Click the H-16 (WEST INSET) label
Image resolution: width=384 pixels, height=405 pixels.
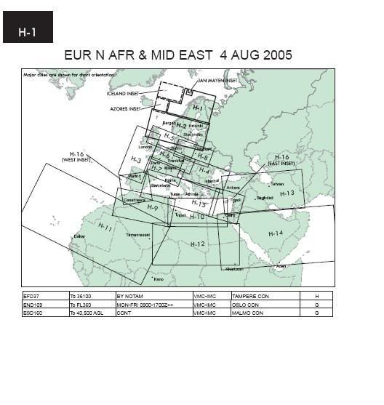click(77, 158)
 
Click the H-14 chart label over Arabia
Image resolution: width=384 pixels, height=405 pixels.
click(275, 233)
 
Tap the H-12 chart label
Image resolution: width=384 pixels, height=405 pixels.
click(198, 244)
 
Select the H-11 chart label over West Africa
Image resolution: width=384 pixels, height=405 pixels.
click(104, 228)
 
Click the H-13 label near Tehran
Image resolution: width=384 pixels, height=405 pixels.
click(288, 193)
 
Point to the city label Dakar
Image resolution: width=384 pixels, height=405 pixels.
click(79, 237)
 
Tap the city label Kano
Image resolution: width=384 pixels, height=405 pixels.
click(158, 278)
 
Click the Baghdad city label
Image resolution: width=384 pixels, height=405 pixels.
click(265, 197)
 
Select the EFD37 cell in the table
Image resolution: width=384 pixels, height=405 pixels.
click(32, 296)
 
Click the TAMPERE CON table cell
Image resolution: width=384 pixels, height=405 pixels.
click(249, 296)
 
